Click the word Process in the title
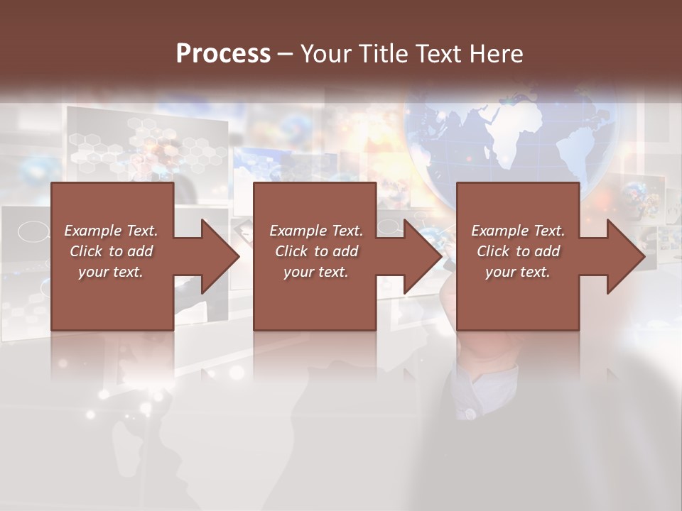pos(223,54)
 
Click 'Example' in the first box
pos(93,231)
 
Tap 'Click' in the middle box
pos(291,251)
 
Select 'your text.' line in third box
pos(517,272)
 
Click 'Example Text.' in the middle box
pos(315,231)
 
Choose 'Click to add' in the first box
pos(111,251)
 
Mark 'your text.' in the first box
pos(111,272)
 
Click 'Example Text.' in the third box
pos(517,231)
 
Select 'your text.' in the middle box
pos(315,272)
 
